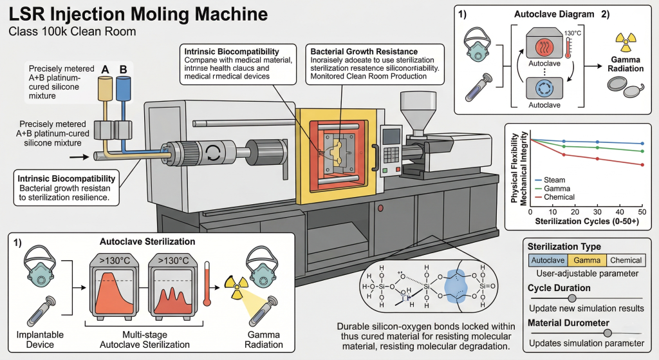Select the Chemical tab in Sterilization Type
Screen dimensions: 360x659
coord(626,260)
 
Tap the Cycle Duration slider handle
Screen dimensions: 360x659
coord(571,298)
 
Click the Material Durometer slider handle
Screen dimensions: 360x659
coord(607,332)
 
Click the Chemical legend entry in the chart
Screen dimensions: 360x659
coord(558,196)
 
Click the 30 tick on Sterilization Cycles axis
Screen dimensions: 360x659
coord(598,211)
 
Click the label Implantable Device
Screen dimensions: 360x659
coord(38,339)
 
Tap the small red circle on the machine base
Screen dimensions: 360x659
coord(380,209)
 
